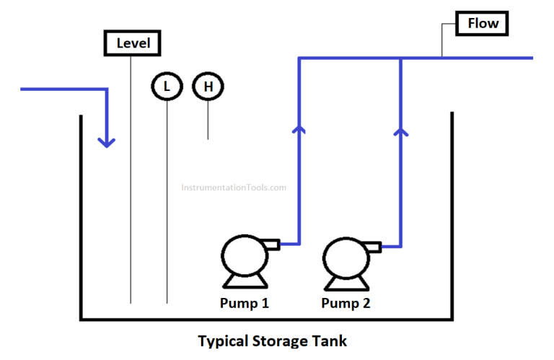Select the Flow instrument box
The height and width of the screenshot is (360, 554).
[483, 23]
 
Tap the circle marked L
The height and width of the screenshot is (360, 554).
[167, 87]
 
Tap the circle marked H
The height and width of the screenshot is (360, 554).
[208, 87]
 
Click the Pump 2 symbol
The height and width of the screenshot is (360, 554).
[346, 257]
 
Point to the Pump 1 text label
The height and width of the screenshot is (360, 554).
[244, 303]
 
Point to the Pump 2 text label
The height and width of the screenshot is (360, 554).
[346, 303]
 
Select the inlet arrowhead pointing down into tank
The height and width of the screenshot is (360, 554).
[107, 140]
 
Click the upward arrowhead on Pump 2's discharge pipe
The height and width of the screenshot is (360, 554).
[401, 130]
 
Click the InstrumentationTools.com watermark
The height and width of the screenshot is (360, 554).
[233, 188]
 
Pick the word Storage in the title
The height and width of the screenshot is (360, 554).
[278, 341]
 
